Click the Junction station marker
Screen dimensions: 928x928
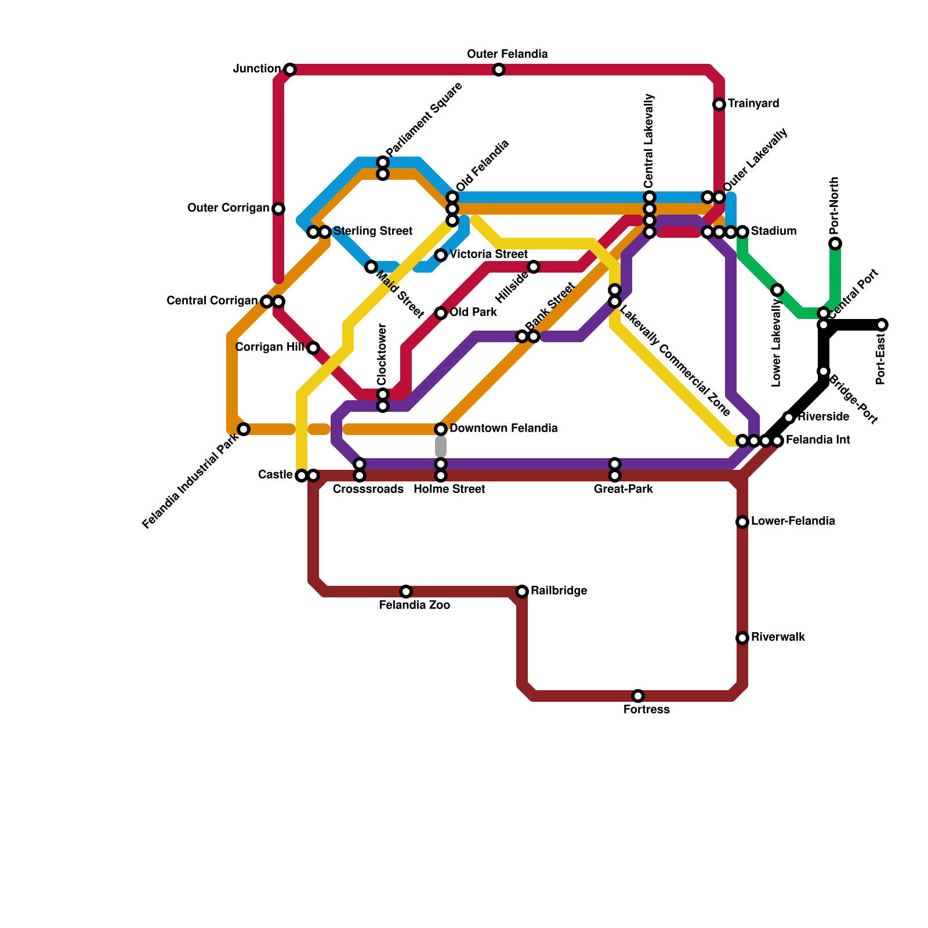click(290, 70)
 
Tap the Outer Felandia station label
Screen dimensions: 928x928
click(507, 55)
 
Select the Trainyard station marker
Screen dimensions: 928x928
click(719, 104)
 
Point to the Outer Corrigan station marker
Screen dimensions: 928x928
click(278, 209)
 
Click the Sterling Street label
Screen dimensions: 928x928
click(372, 231)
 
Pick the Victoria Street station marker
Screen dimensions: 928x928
click(441, 255)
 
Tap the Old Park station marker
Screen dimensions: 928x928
click(441, 313)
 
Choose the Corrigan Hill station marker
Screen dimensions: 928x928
click(313, 348)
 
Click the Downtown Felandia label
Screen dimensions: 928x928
click(503, 429)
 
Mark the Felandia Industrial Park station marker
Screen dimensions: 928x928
click(244, 429)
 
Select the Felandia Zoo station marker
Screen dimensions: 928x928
click(406, 592)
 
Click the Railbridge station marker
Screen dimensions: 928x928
click(522, 592)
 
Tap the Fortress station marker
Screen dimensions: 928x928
click(638, 696)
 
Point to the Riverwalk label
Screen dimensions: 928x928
click(778, 637)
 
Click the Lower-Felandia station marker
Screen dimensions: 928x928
click(742, 522)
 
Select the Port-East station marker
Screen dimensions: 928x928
click(882, 325)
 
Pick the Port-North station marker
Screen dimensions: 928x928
click(835, 244)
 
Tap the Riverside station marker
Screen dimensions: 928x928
click(789, 418)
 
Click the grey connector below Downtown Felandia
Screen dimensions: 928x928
click(441, 447)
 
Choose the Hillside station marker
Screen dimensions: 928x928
click(534, 267)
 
